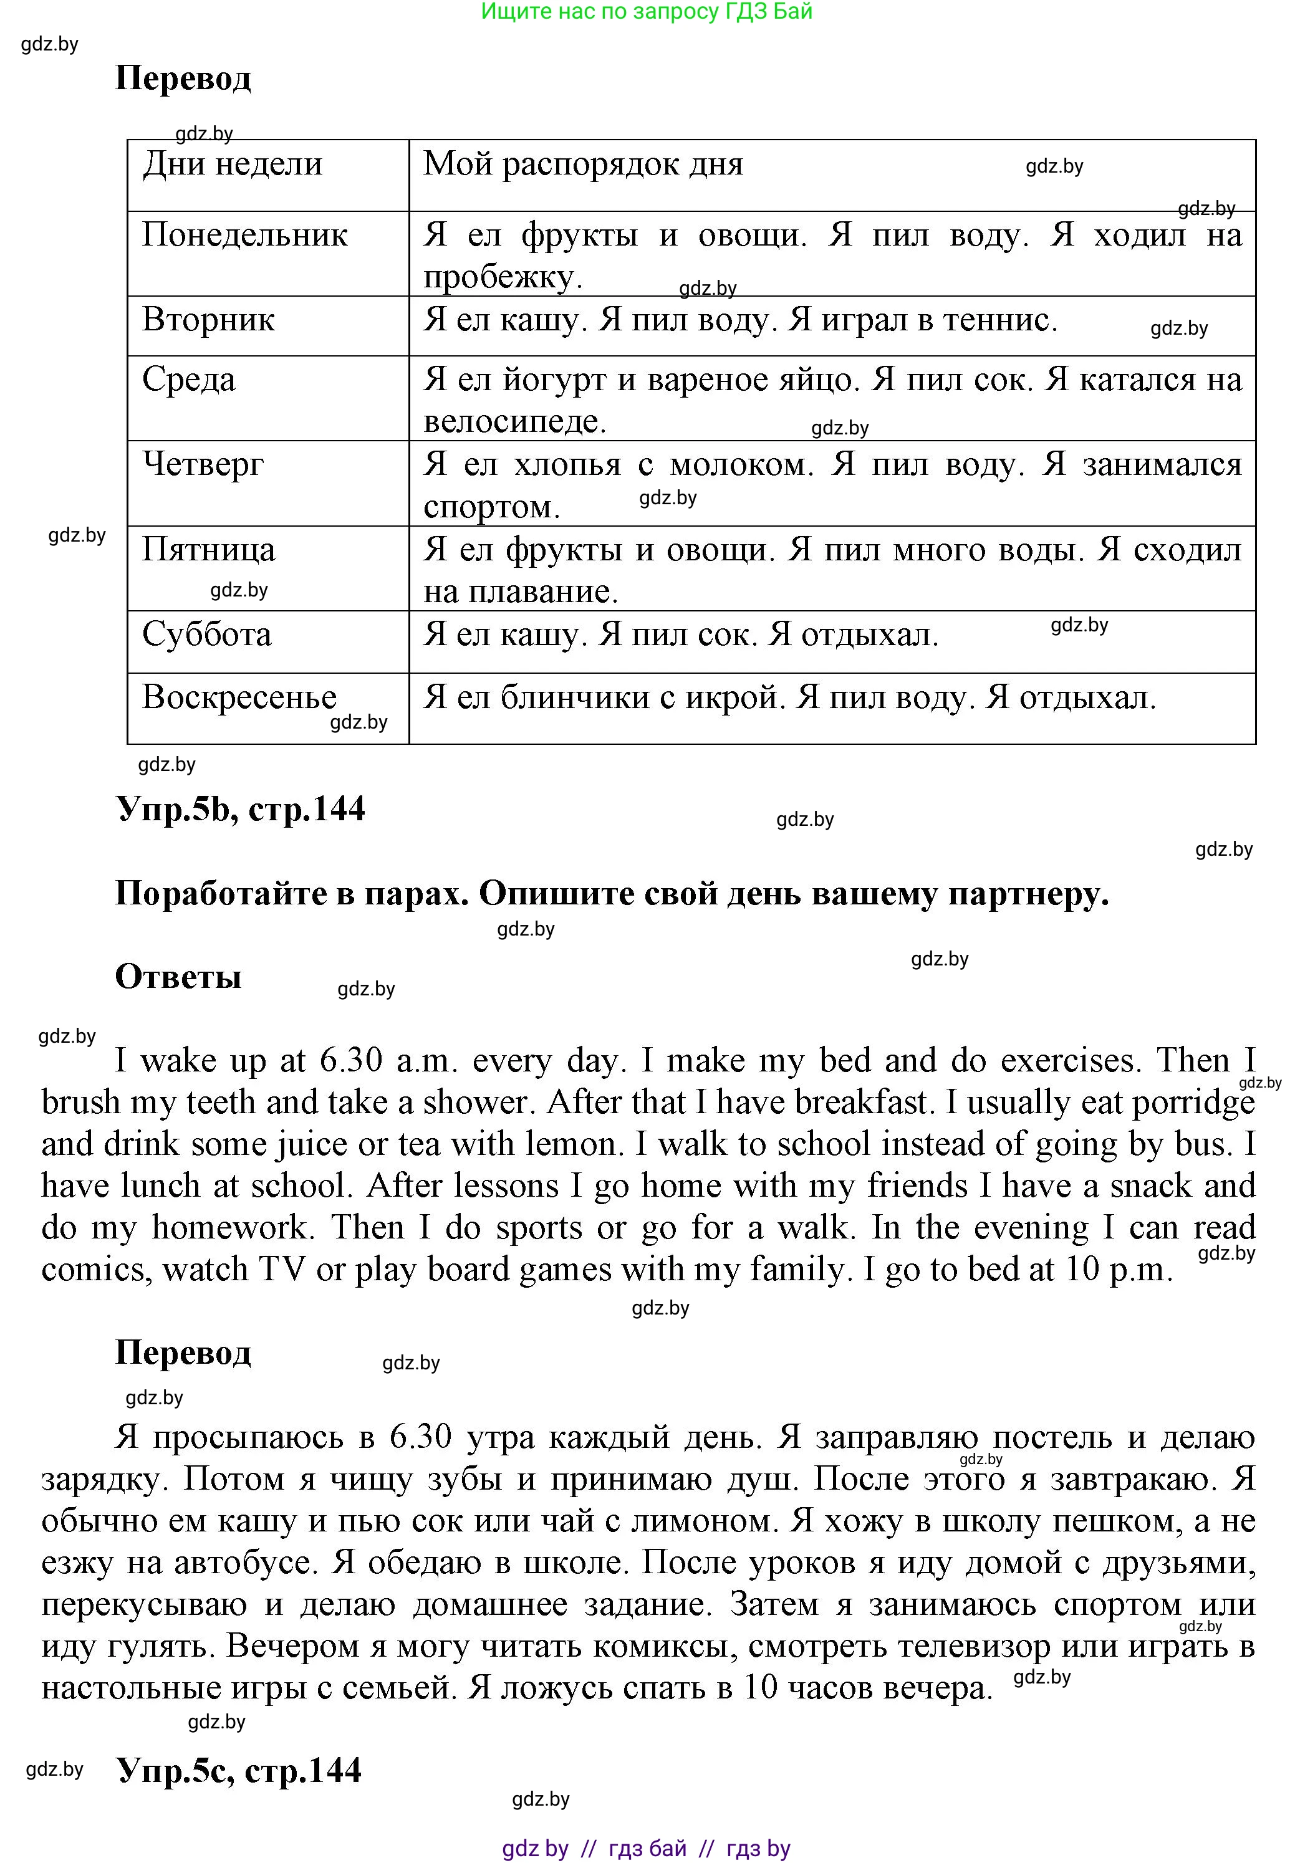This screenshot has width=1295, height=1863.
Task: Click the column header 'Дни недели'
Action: coord(232,165)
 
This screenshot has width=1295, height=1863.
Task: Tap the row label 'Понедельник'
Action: coord(244,235)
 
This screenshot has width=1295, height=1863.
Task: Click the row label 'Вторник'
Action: coord(208,320)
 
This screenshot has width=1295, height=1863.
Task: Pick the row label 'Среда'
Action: coord(188,380)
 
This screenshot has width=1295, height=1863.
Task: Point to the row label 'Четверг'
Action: coord(203,464)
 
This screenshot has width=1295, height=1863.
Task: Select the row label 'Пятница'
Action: coord(208,550)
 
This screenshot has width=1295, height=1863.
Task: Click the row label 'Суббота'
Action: coord(206,635)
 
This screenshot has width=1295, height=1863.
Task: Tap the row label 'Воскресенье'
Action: coord(239,697)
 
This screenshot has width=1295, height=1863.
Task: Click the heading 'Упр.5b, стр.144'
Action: coord(241,808)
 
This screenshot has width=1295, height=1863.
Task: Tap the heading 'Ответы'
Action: coord(178,977)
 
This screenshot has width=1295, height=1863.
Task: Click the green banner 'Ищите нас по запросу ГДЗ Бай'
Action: coord(647,11)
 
